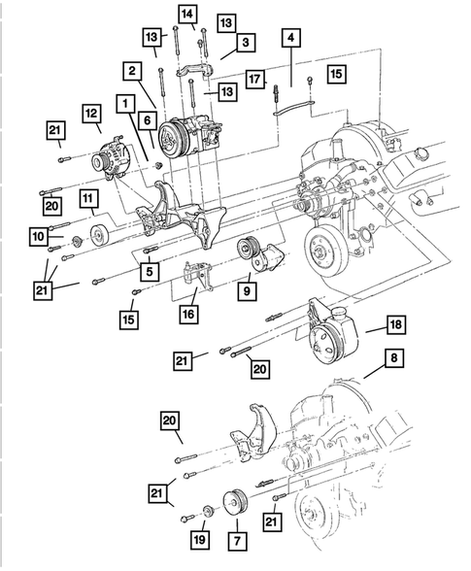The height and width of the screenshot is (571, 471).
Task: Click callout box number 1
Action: [124, 102]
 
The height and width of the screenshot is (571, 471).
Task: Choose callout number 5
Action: [149, 272]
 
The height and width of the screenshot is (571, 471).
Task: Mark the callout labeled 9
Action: [247, 289]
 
